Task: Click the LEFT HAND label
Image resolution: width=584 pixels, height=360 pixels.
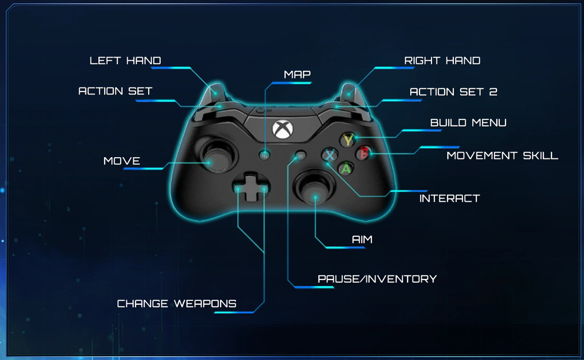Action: [125, 61]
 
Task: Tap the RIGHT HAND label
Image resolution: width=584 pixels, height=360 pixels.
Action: [442, 61]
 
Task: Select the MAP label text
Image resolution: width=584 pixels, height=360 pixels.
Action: [297, 75]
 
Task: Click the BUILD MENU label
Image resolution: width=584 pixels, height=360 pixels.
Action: [468, 123]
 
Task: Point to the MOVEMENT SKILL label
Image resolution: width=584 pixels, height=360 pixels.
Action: [502, 156]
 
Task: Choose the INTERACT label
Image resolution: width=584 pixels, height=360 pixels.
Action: [449, 199]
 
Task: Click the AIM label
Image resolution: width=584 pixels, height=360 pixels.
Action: [362, 239]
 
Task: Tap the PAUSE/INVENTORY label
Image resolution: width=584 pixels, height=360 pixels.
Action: [377, 279]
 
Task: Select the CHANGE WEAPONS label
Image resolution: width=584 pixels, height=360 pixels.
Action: [177, 303]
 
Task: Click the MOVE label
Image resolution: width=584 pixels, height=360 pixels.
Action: [122, 161]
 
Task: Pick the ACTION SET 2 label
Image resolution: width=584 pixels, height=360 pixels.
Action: [453, 92]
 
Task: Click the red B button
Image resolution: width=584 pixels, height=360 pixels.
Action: [364, 153]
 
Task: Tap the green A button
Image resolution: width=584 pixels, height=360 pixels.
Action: [347, 168]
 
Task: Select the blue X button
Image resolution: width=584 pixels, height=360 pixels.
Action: [329, 155]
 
